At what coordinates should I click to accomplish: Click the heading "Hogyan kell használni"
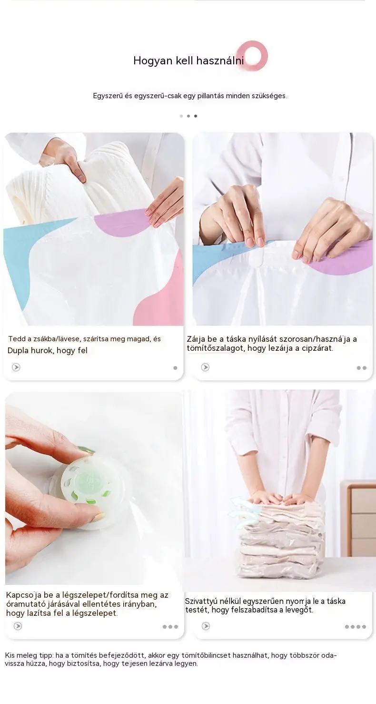[188, 61]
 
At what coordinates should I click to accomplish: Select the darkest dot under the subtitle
[196, 116]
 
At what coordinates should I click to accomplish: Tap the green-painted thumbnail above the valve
[86, 450]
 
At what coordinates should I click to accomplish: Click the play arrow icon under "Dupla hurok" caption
[16, 367]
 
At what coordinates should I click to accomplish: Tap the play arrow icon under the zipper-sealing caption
[205, 367]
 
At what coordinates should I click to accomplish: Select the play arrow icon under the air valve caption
[18, 626]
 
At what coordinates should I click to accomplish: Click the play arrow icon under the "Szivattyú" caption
[206, 626]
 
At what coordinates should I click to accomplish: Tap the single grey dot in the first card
[176, 368]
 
